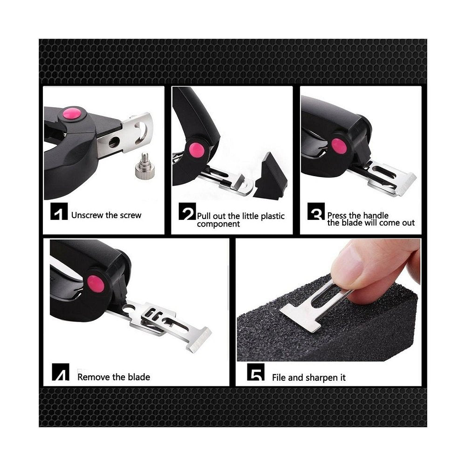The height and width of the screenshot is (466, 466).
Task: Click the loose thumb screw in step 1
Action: pos(145,166)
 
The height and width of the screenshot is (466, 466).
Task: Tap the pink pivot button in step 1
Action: pos(72,114)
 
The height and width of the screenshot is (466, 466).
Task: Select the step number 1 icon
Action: pos(59,211)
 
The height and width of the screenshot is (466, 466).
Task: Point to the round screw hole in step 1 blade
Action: pos(114,142)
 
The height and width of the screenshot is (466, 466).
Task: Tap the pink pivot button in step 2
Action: pos(197,150)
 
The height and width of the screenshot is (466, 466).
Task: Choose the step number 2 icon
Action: pos(187,211)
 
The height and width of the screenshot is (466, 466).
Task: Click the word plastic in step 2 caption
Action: pos(273,216)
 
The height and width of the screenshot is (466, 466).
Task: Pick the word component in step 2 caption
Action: pos(218,224)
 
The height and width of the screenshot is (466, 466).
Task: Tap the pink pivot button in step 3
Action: pos(339,146)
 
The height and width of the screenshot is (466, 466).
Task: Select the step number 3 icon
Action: pos(316,211)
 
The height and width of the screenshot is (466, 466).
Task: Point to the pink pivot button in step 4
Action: pos(96,284)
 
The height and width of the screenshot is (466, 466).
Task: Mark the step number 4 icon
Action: pos(61,372)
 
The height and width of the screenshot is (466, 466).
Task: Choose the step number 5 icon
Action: pos(256,372)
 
